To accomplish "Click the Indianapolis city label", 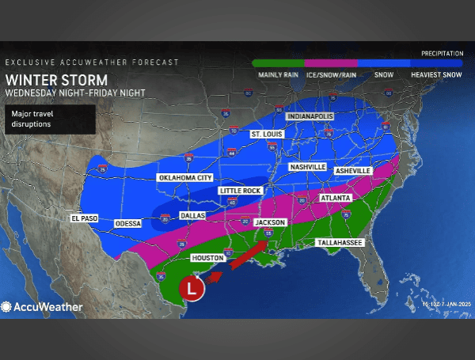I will (310, 116).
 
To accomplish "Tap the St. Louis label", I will (267, 135).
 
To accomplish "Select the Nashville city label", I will (308, 168).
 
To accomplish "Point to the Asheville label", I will (352, 170).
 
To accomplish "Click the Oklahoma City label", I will (184, 178).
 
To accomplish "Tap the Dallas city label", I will (192, 215).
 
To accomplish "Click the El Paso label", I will (83, 218).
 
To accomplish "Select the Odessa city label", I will (128, 224).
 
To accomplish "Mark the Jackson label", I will (270, 222).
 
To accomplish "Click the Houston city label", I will (205, 258).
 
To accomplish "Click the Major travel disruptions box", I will (51, 119).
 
